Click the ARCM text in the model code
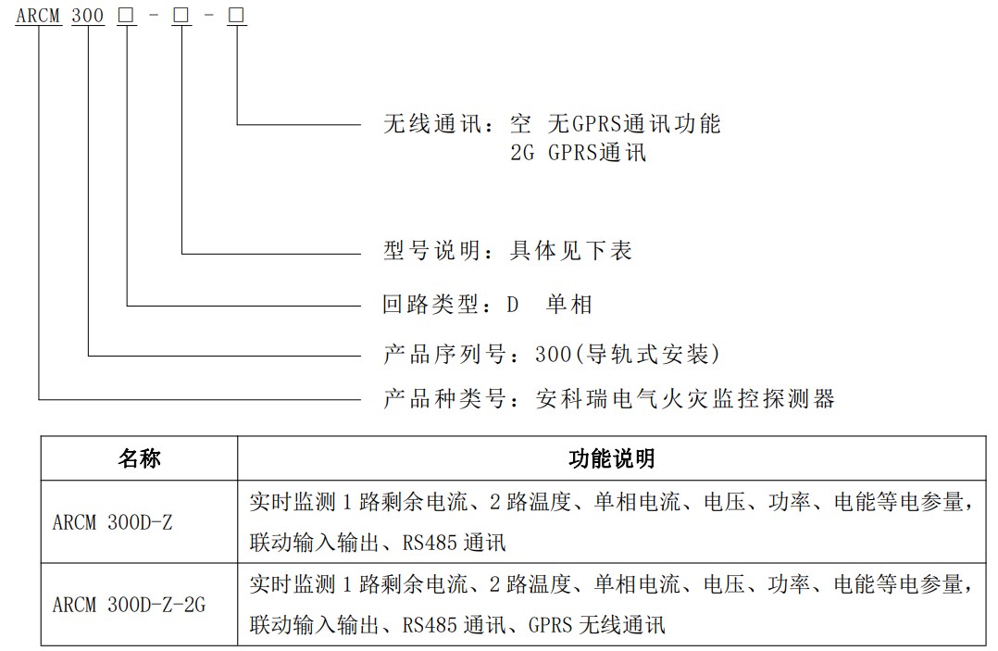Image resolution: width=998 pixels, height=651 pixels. tap(39, 15)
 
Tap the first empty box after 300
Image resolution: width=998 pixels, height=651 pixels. tap(126, 16)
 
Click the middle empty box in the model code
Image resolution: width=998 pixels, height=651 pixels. tap(181, 16)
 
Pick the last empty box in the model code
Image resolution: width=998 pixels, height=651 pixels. tap(238, 16)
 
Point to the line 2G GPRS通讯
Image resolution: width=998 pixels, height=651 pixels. tap(578, 152)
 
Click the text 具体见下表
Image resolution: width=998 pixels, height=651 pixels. tap(571, 250)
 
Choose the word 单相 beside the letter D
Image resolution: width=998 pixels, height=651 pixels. tap(568, 303)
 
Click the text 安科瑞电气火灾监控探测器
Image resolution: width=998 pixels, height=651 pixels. tap(685, 398)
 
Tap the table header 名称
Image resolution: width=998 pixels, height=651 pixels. tap(139, 458)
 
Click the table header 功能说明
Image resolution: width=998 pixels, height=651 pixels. tap(611, 458)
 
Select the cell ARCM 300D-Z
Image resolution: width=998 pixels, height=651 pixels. tap(112, 521)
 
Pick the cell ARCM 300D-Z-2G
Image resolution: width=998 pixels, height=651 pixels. tap(129, 605)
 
